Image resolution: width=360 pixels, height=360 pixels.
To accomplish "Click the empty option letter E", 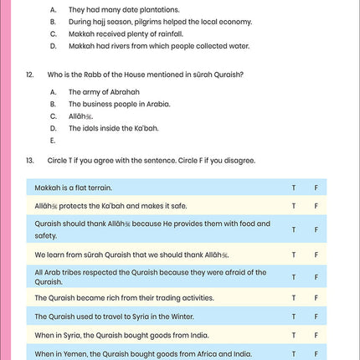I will point(53,141).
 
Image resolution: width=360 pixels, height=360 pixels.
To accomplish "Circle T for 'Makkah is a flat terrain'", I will point(293,188).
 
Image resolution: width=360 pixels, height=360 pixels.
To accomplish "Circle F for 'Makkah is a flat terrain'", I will point(316,188).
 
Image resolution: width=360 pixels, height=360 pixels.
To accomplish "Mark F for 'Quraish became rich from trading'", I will point(316,298).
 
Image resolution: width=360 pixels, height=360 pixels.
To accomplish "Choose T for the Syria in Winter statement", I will point(293,316).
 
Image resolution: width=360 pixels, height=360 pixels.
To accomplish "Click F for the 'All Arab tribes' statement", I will point(316,277).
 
